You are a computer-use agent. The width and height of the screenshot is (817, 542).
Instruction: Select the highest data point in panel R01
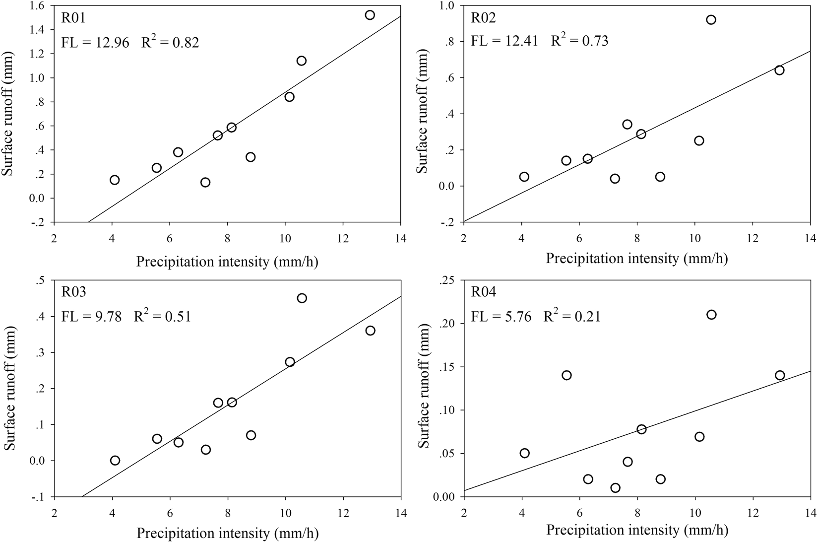point(370,15)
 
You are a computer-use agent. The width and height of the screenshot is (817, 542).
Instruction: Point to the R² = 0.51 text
point(162,316)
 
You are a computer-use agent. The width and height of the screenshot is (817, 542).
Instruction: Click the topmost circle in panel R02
point(711,20)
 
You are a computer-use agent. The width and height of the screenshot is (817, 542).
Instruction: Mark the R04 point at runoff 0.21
point(711,314)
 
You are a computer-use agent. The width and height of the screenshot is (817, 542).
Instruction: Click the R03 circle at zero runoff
point(115,460)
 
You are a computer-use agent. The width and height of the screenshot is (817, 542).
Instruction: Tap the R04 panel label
point(484,293)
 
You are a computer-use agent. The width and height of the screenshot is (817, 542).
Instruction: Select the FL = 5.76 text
point(501,316)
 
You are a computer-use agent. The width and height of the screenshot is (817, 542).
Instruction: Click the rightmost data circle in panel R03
point(370,331)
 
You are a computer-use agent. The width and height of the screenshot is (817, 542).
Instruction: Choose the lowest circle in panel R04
point(615,487)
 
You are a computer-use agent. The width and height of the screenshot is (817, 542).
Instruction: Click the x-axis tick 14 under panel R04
point(810,510)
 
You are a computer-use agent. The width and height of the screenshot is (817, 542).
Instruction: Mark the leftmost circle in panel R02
point(524,177)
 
